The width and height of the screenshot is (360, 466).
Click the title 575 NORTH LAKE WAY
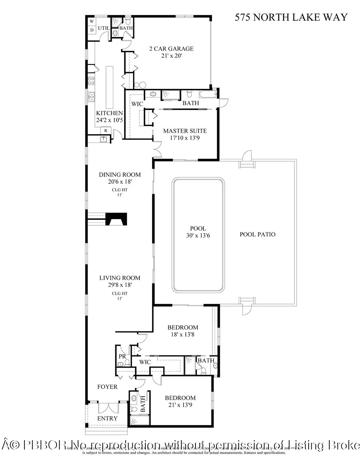(291, 17)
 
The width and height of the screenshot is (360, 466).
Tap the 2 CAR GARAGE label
(171, 49)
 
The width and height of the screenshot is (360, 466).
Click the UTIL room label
(104, 28)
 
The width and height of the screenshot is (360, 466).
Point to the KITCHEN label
(109, 113)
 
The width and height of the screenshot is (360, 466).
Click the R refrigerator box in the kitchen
(106, 130)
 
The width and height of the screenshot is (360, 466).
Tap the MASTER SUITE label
(185, 131)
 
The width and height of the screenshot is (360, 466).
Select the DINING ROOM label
(120, 175)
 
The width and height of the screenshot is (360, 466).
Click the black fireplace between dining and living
(117, 219)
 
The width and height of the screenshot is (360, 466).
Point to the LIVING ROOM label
(120, 278)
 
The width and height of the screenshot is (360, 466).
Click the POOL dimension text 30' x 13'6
(198, 235)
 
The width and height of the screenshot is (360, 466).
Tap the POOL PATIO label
(257, 235)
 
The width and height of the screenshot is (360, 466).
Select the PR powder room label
(122, 356)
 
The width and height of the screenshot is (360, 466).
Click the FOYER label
(107, 387)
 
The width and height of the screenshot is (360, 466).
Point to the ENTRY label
(107, 418)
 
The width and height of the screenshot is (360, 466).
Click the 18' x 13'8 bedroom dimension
(182, 334)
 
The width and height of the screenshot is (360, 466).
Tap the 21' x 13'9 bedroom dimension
(180, 405)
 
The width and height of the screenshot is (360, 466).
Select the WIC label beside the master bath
(137, 104)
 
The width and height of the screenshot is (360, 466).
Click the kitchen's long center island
(109, 87)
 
